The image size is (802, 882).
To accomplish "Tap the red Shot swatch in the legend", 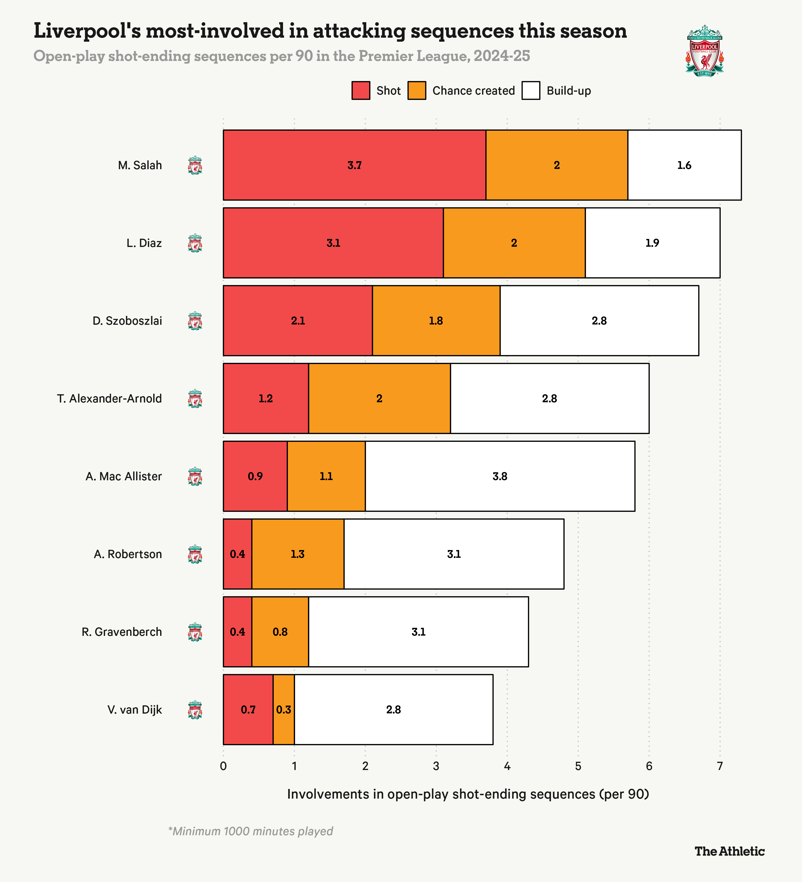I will (361, 91).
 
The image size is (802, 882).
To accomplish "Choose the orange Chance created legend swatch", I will (417, 91).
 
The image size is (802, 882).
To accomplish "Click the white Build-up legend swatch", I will (531, 91).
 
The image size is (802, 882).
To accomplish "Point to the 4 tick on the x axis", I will (507, 766).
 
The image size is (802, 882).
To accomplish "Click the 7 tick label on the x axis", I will (720, 766).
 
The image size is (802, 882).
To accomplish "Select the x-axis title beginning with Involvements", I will (468, 794).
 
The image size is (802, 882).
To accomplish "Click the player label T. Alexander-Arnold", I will (109, 399).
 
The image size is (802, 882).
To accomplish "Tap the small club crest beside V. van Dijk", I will (195, 710).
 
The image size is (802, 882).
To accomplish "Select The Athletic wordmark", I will (729, 851).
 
